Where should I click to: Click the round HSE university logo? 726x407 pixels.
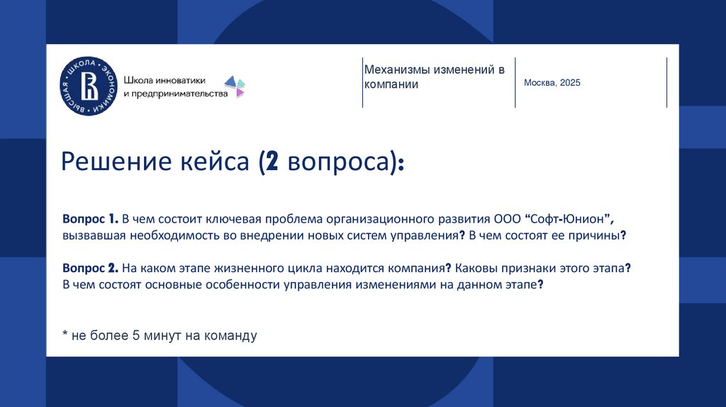click(89, 85)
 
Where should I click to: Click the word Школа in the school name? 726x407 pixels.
click(138, 79)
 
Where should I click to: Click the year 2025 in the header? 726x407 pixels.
click(569, 83)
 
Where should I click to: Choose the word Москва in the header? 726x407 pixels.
click(540, 83)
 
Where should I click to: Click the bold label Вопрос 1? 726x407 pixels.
click(89, 218)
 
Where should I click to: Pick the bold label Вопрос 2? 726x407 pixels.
click(89, 269)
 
